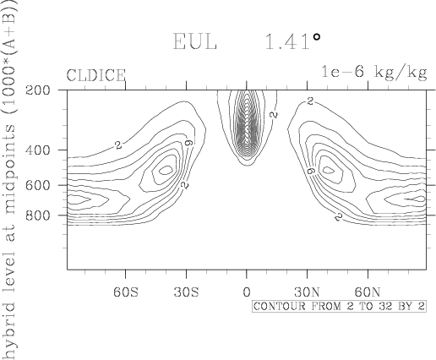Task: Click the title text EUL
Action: (x=194, y=41)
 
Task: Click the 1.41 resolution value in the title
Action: (x=287, y=41)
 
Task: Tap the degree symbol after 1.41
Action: (x=317, y=37)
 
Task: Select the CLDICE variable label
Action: (x=95, y=75)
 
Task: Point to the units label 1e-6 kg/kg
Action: (x=374, y=73)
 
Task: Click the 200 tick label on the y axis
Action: (x=38, y=90)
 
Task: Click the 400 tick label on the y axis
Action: (x=38, y=150)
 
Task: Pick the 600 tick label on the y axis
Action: (x=38, y=185)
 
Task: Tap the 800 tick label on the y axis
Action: (x=38, y=215)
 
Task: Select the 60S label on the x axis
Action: (x=126, y=292)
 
